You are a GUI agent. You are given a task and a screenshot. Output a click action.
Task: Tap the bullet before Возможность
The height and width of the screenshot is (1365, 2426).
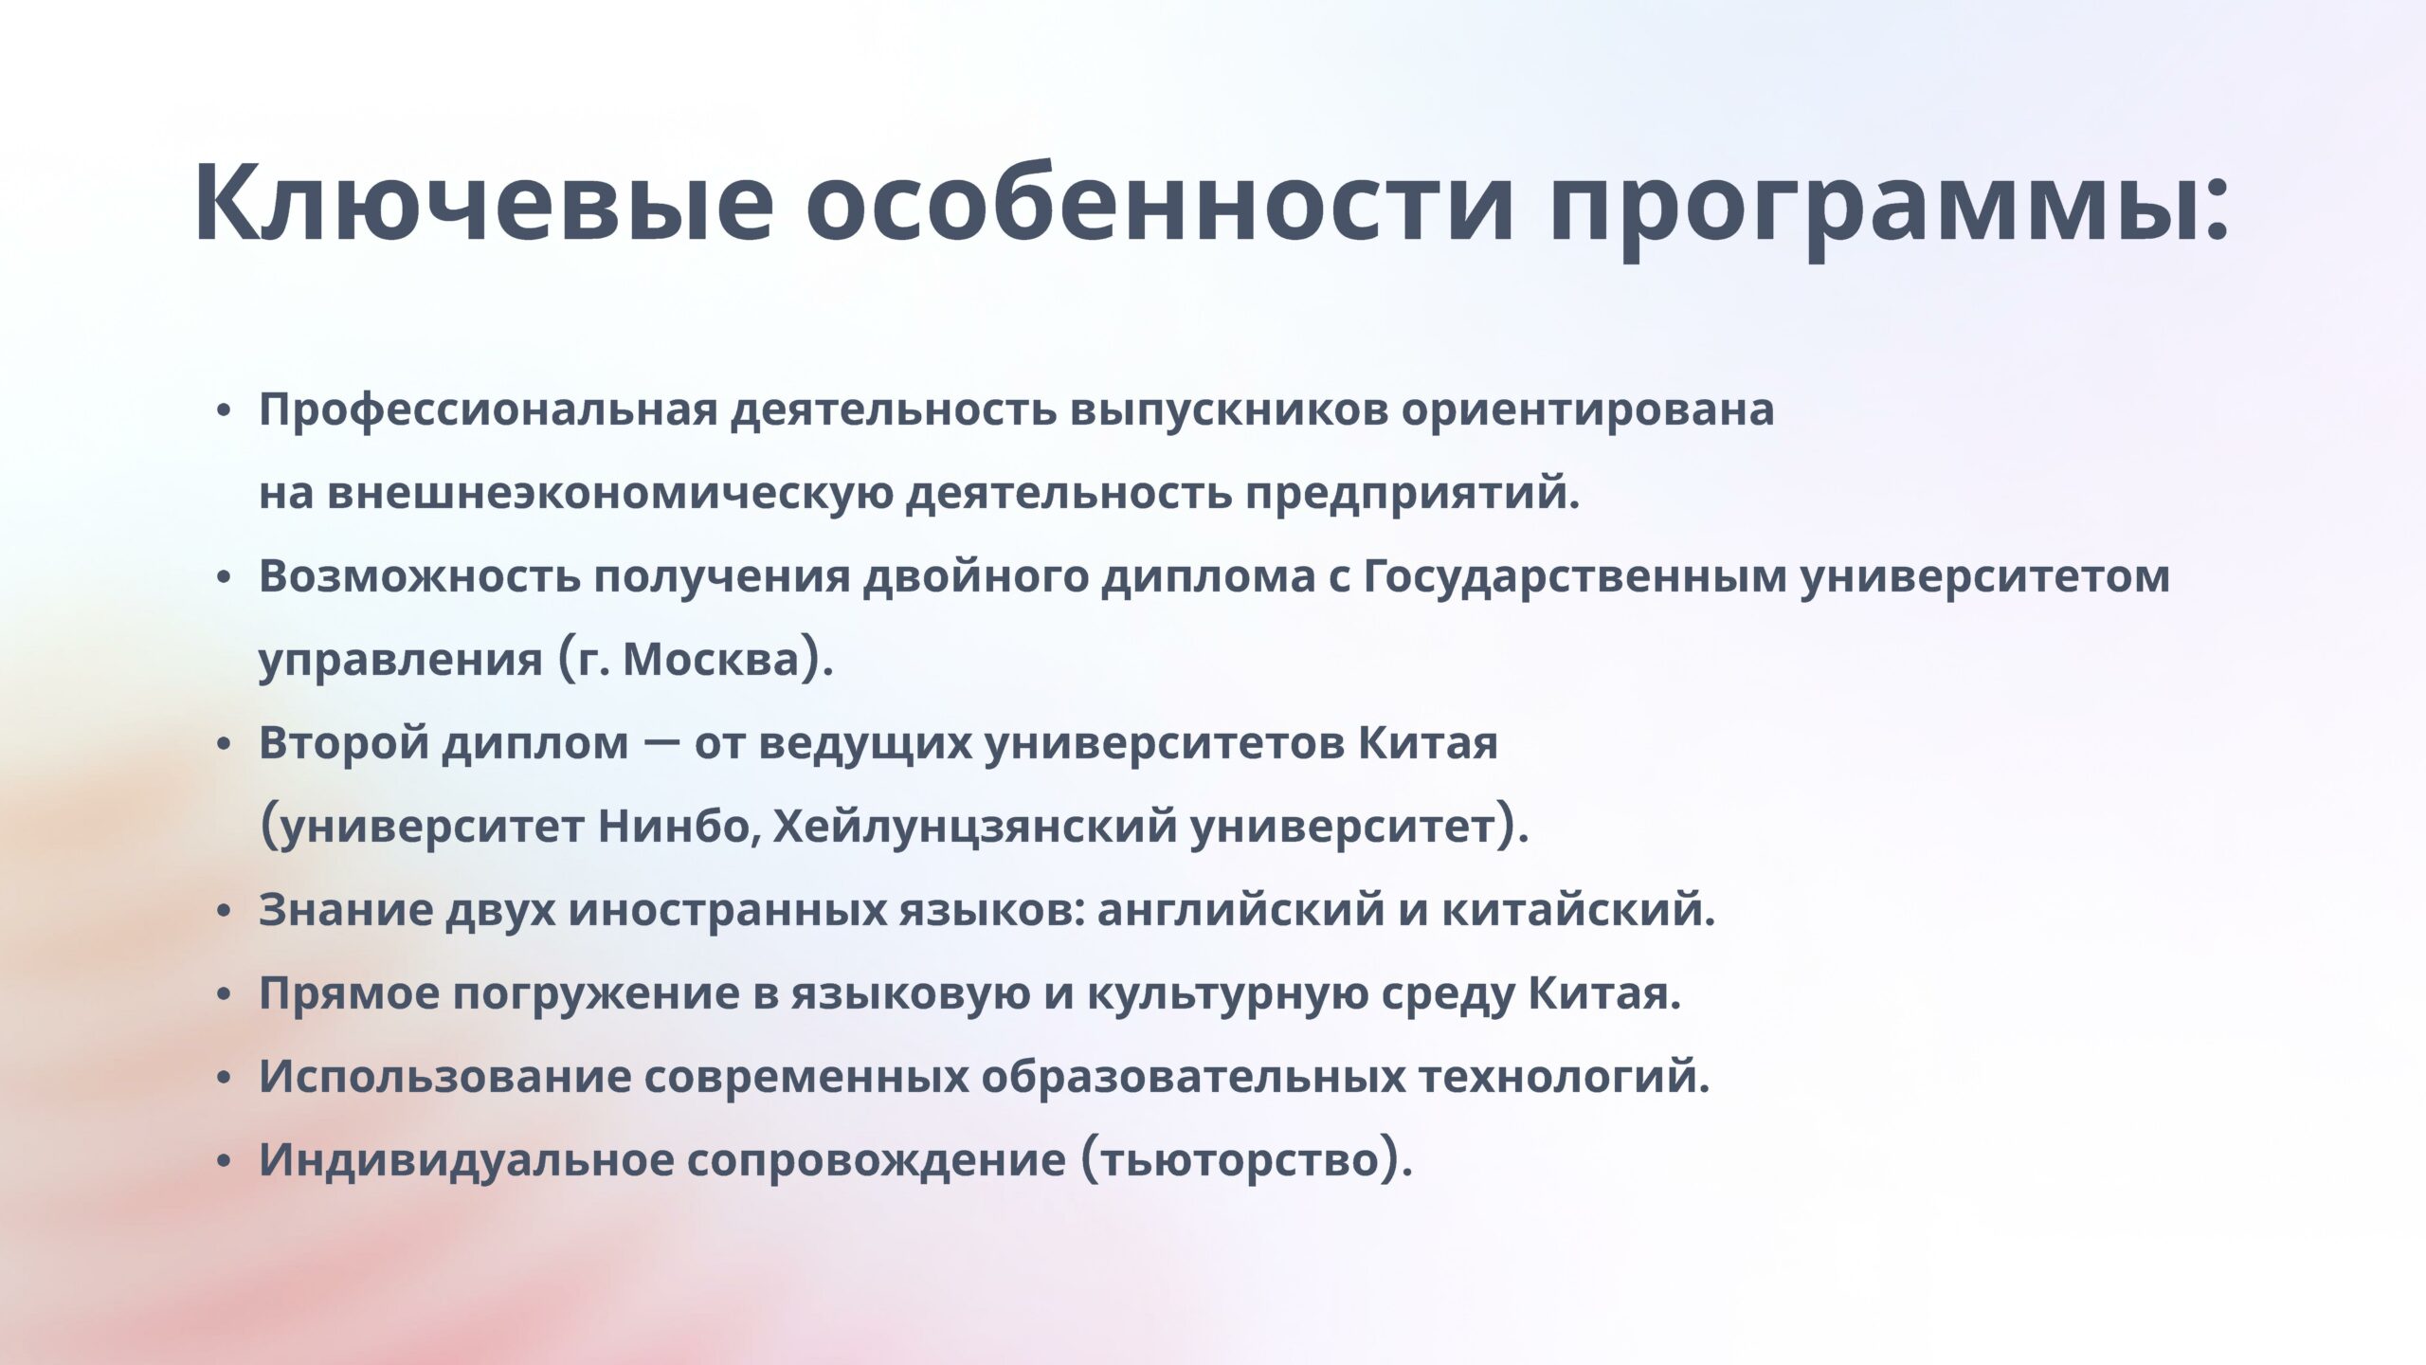click(224, 578)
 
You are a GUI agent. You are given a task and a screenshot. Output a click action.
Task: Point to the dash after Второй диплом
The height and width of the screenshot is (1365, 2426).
click(661, 742)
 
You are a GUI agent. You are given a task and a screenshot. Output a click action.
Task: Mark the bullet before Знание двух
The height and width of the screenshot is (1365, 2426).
click(224, 911)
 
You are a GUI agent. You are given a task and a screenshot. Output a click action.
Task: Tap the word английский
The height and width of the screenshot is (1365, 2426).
click(1240, 911)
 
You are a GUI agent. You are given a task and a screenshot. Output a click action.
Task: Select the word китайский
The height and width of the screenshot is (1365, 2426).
click(1571, 911)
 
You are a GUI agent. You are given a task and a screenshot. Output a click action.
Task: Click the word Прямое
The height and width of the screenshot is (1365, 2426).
click(349, 994)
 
